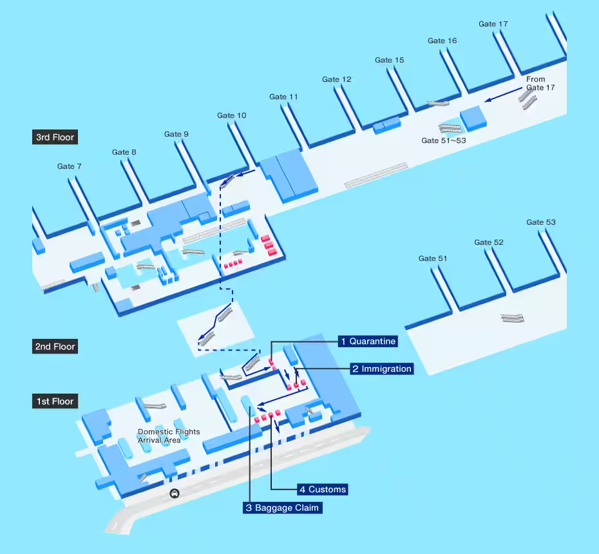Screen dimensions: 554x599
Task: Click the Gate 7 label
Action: tap(70, 166)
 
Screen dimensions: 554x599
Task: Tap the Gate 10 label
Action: tap(231, 115)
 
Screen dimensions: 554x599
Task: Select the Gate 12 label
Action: tap(337, 79)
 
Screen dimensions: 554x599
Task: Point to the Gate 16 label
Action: tap(442, 41)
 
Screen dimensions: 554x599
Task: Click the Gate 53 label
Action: tap(541, 222)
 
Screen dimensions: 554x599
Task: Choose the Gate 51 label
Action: tap(433, 258)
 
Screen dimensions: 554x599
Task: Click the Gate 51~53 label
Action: tap(443, 140)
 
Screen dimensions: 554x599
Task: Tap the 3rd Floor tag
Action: tap(55, 137)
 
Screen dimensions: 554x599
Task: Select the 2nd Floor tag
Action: tap(55, 347)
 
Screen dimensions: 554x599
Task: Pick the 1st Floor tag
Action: tap(55, 401)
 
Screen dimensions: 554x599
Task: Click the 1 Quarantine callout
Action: tap(368, 341)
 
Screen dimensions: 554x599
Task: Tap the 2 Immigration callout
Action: tap(381, 369)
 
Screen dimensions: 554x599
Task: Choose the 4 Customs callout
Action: tap(322, 490)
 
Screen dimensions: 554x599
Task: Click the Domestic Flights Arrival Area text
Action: tap(169, 436)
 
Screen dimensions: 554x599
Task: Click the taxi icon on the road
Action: tap(174, 494)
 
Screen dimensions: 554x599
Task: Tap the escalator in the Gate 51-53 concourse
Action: tap(513, 318)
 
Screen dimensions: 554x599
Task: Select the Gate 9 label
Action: tap(176, 134)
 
